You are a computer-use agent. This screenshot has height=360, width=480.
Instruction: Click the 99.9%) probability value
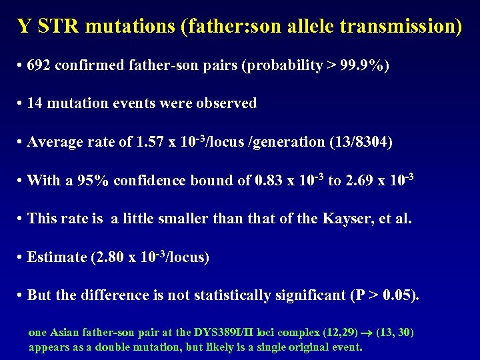click(x=365, y=66)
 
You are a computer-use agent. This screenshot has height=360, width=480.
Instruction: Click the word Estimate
click(x=57, y=257)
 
